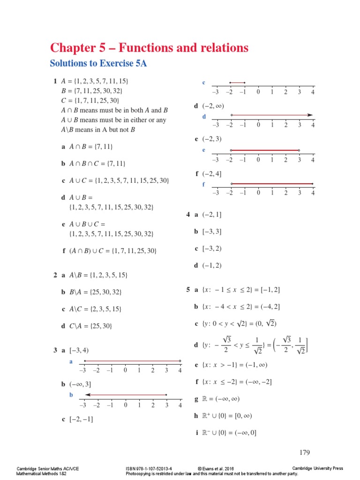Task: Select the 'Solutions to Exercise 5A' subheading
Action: (98, 64)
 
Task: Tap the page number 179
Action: (305, 452)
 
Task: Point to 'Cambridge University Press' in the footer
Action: (317, 468)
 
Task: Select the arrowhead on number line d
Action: (310, 115)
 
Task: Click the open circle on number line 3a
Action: (180, 361)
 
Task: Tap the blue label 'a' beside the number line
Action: (71, 361)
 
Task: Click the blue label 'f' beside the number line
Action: (203, 184)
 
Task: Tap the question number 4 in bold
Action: (188, 215)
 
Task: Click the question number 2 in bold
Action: (55, 275)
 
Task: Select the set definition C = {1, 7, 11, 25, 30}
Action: (87, 100)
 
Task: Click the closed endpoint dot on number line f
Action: (313, 184)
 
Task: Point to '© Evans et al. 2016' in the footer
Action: (216, 468)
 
